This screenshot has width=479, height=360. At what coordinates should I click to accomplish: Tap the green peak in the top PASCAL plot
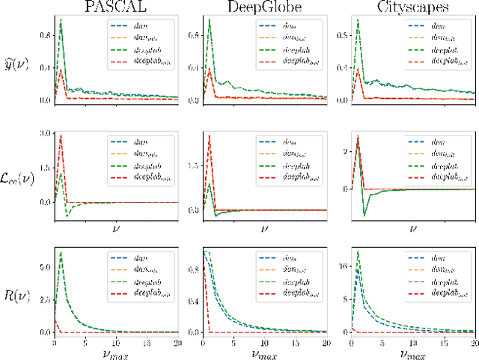point(61,20)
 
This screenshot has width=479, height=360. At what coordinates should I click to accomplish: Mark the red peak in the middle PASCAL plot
point(60,135)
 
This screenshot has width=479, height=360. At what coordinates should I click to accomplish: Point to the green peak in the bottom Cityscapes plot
point(359,251)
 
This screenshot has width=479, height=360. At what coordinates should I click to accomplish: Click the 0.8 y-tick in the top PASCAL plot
point(44,35)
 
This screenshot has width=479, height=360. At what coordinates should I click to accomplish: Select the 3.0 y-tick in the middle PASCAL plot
point(44,133)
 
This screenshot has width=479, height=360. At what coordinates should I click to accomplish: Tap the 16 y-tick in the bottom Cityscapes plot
point(342,265)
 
